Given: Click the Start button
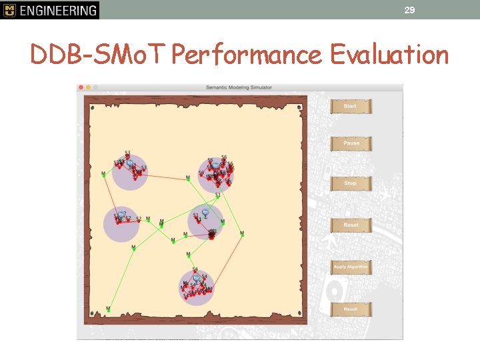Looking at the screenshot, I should coord(350,106).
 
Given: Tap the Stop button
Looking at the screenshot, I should coord(350,183).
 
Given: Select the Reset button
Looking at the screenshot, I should coord(350,225).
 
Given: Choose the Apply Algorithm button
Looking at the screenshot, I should coord(350,267).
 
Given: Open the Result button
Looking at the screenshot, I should coord(350,309).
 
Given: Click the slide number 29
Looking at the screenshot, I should coord(409,10).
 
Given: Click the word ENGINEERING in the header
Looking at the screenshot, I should coord(57,10).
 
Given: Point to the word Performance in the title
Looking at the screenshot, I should coord(246,55).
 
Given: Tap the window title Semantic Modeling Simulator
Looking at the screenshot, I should coord(238,87).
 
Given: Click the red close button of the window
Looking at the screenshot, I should coord(81,87).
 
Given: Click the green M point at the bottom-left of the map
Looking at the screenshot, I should coord(108,309).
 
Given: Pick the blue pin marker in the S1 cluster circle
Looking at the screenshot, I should coord(205,213).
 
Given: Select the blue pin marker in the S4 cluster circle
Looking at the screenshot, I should coord(197,278).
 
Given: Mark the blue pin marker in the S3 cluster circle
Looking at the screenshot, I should coord(131,162).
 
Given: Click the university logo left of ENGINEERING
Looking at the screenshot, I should coord(9,10).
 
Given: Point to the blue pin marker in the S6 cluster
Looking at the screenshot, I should coord(215,165).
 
